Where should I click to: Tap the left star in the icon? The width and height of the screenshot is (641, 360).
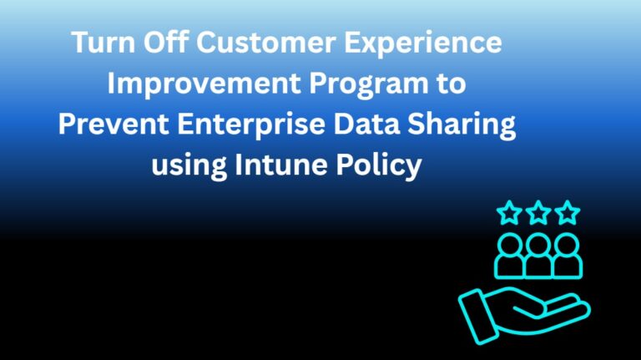pos(508,213)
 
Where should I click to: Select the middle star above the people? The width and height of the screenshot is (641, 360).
pos(538,213)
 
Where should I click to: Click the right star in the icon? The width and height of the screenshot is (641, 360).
pos(568,213)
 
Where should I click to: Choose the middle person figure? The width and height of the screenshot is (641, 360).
pos(538,255)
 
